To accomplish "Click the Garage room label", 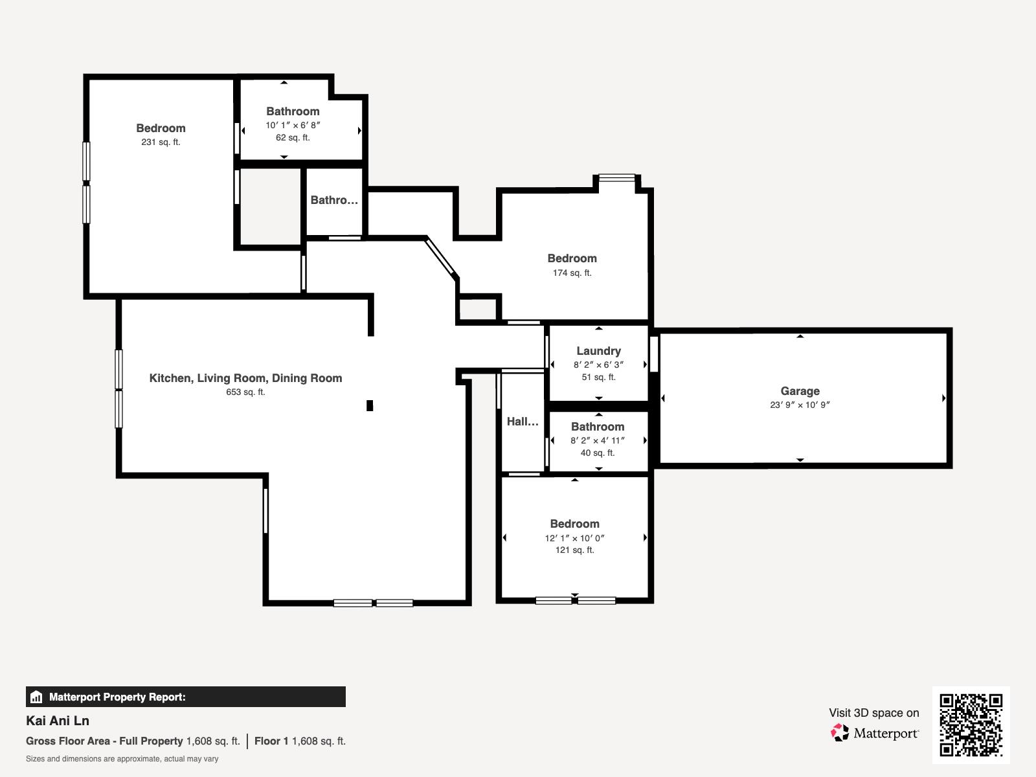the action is click(x=800, y=391).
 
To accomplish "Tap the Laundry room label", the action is click(x=598, y=351).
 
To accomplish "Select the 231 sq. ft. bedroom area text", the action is click(x=161, y=142).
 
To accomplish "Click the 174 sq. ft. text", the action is click(x=572, y=273).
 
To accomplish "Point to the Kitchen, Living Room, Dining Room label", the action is click(x=245, y=378).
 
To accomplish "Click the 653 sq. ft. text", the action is click(x=245, y=392).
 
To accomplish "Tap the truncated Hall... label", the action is click(x=523, y=422).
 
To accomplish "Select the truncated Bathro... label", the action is click(x=334, y=200).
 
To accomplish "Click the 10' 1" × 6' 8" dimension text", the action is click(x=293, y=125).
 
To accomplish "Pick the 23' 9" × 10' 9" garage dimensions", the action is click(x=800, y=405).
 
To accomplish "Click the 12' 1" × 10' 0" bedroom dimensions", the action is click(x=574, y=538).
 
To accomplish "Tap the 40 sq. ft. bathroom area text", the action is click(x=598, y=453).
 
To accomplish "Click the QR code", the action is click(x=971, y=725).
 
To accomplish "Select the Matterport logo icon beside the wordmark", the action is click(x=840, y=733).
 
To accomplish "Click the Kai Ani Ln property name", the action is click(x=58, y=721).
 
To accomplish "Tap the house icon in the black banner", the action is click(x=36, y=697).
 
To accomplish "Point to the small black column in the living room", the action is click(x=370, y=405).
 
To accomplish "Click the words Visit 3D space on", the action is click(x=873, y=713).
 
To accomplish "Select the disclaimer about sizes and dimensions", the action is click(x=122, y=759).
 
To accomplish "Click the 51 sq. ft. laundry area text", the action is click(x=598, y=377).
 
